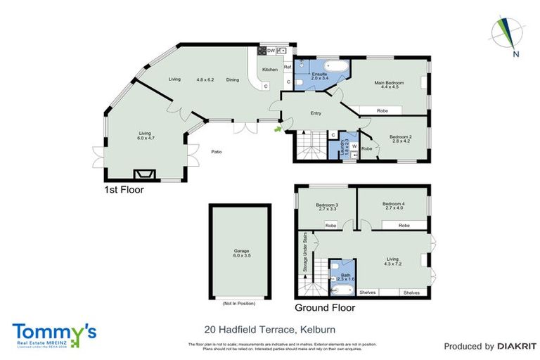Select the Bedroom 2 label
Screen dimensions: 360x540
(400, 136)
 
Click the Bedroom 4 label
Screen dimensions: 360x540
(394, 205)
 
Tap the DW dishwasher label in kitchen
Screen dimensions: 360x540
(271, 51)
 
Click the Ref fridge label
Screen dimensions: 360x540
(287, 67)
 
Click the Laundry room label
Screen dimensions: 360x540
(345, 147)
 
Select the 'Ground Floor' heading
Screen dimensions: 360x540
(324, 307)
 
